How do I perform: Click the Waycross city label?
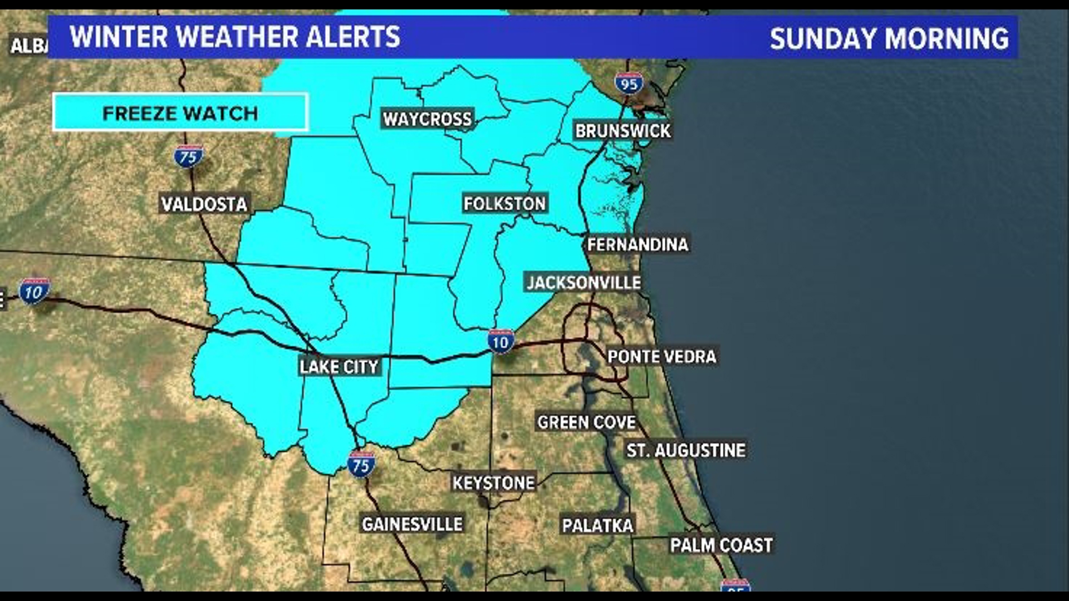pos(427,119)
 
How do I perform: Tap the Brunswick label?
pos(622,131)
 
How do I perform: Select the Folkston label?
pos(504,204)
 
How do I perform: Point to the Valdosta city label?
pos(204,204)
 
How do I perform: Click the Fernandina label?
pos(638,244)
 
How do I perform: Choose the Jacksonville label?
pos(583,283)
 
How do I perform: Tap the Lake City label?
pos(339,367)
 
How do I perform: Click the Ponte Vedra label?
pos(661,357)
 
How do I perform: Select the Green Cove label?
pos(586,422)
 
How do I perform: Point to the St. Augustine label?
pos(685,450)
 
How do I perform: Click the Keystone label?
pos(493,483)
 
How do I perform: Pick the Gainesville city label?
pos(412,524)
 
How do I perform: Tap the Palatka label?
pos(597,525)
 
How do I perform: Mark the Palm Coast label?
pos(721,545)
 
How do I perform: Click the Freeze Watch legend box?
pos(180,113)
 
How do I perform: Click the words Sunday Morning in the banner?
pos(889,38)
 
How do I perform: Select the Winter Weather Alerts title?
pos(234,37)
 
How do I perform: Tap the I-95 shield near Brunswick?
pos(629,84)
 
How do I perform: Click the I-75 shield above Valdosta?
pos(188,157)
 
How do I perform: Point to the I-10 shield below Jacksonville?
pos(501,342)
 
